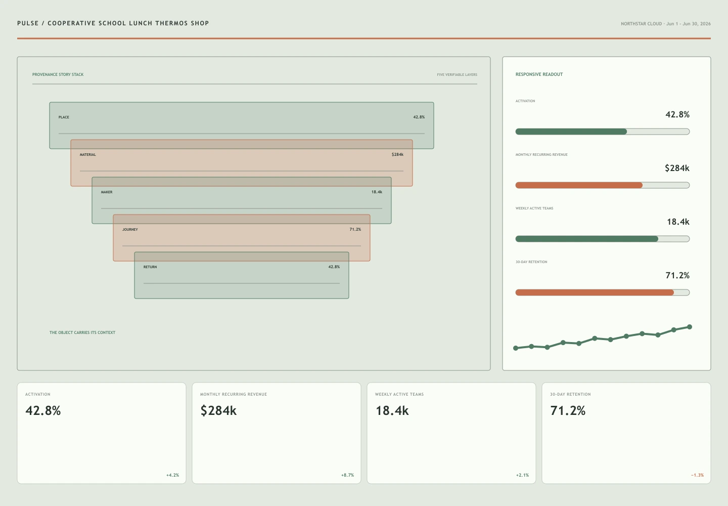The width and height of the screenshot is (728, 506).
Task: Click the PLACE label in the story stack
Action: coord(64,117)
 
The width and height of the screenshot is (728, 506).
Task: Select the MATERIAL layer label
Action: coord(88,154)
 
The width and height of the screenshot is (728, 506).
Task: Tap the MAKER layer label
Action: coord(107,192)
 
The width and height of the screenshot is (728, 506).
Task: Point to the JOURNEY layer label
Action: coord(130,229)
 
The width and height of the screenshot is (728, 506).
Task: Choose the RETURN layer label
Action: coord(150,267)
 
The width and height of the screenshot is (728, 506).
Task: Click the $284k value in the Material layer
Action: coord(397,154)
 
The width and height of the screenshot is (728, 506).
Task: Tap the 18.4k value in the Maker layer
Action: coord(377,192)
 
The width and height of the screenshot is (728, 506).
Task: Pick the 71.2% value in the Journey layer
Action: coord(355,229)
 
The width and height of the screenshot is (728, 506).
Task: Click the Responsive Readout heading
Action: coord(539,74)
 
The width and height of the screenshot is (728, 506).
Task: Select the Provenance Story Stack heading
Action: coord(58,74)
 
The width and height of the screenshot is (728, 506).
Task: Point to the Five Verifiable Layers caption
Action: coord(457,74)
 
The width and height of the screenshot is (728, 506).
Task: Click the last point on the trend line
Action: coord(690,327)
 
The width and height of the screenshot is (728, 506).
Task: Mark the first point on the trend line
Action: coord(516,348)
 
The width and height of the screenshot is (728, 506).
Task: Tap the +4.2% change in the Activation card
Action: coord(172,475)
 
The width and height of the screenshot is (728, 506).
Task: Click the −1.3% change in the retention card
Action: coord(697,475)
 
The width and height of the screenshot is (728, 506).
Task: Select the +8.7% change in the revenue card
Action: coord(347,475)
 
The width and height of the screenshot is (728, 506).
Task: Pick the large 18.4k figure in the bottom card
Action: coord(392,410)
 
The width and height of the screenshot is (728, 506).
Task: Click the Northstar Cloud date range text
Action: coord(666,24)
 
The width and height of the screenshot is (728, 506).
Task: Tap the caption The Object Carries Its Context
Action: coord(82,332)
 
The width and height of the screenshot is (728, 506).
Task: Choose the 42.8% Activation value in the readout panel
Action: coord(677,114)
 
